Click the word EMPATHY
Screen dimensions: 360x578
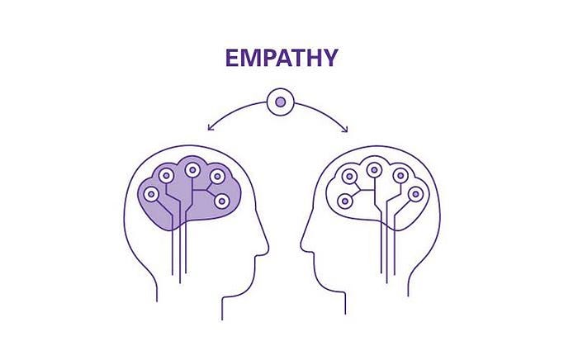coord(281,59)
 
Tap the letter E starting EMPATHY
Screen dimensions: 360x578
coord(232,59)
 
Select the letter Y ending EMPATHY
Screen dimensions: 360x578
coord(329,59)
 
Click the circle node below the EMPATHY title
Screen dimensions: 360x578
coord(281,102)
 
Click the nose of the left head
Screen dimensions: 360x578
coord(267,244)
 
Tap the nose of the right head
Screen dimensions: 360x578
coord(303,244)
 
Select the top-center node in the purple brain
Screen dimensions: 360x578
coord(192,171)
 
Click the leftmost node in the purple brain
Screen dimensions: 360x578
coord(150,195)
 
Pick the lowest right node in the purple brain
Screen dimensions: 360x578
coord(221,201)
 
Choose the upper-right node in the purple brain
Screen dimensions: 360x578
coord(217,176)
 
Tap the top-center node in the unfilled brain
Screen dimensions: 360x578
coord(374,171)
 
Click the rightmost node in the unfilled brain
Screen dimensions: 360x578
coord(415,194)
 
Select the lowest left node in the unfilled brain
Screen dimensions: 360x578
coord(345,201)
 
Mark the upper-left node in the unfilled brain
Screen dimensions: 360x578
coord(349,176)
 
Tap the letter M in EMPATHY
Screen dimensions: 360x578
coord(251,59)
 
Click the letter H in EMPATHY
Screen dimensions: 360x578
coord(310,59)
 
